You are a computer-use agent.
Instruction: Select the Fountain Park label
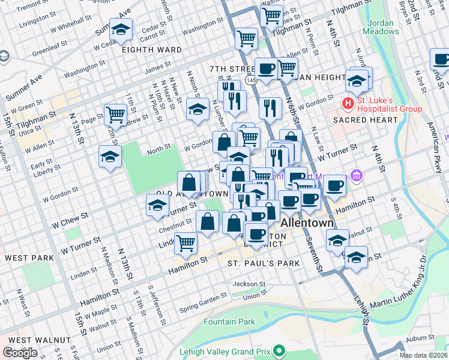click(229, 322)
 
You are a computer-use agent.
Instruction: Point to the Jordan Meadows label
click(380, 26)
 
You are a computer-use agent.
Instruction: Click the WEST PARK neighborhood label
click(30, 257)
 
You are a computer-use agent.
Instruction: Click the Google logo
click(20, 353)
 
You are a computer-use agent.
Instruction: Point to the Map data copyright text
click(423, 355)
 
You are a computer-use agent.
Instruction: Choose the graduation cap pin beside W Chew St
click(157, 206)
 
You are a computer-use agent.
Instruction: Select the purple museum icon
click(357, 176)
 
